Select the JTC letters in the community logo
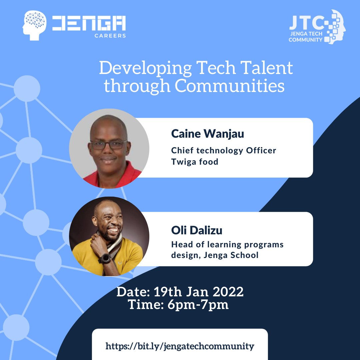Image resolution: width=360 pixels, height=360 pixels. (307, 23)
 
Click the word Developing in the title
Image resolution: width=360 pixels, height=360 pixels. (145, 68)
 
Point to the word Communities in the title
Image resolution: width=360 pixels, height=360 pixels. (230, 86)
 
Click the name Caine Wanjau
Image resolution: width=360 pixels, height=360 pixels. (208, 134)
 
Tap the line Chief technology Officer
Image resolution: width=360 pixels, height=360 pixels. (224, 150)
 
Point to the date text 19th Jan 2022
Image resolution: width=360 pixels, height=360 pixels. (199, 292)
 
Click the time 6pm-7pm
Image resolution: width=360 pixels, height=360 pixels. (197, 305)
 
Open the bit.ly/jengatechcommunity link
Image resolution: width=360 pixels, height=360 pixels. (180, 346)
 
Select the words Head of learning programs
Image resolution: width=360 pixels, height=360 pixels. (227, 244)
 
